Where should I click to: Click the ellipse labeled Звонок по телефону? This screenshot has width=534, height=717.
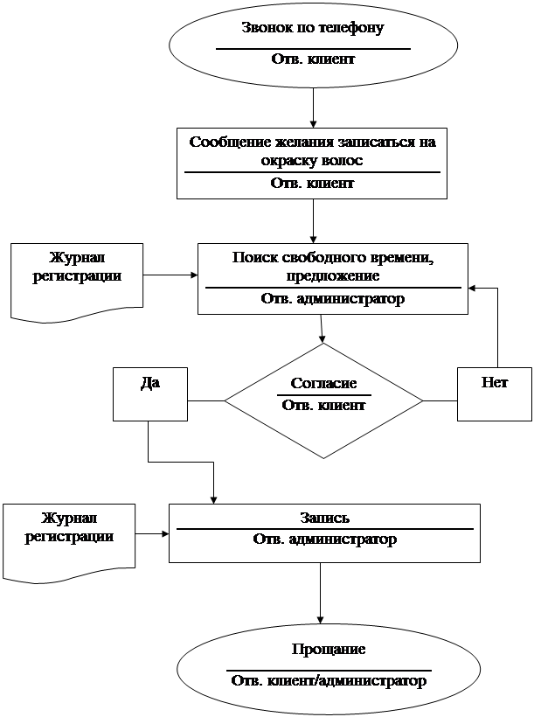(x=313, y=45)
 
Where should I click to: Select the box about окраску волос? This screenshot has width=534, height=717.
(x=312, y=164)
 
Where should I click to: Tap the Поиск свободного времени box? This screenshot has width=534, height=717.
(x=332, y=278)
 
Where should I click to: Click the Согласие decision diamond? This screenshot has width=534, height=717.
(x=323, y=401)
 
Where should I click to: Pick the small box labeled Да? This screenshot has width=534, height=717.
(x=150, y=393)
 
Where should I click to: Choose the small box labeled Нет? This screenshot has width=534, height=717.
(x=494, y=393)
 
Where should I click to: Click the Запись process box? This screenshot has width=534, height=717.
(x=324, y=533)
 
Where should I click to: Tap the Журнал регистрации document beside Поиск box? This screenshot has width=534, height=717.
(x=77, y=278)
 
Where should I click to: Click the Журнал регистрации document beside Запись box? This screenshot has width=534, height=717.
(x=70, y=539)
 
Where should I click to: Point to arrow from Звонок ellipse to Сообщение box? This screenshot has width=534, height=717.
(x=313, y=108)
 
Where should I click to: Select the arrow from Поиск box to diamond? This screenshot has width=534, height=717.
(x=322, y=329)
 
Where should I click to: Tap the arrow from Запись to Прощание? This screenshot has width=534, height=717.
(x=321, y=594)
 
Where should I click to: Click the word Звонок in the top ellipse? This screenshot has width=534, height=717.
(x=265, y=27)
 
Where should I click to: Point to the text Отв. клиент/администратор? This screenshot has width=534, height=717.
(x=329, y=680)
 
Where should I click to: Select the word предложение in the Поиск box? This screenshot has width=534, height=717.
(x=332, y=275)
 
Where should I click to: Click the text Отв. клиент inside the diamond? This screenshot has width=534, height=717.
(x=323, y=405)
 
